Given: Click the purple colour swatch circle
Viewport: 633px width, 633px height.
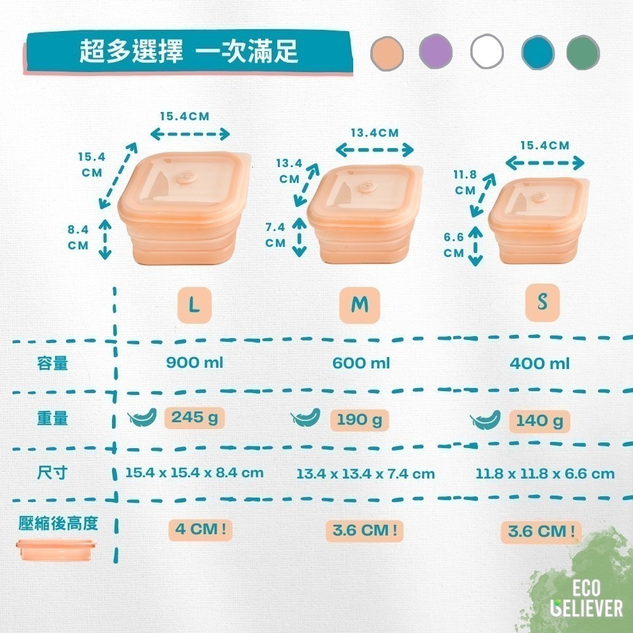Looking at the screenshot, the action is [436, 52].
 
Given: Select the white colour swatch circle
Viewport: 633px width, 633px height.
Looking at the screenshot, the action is [487, 51].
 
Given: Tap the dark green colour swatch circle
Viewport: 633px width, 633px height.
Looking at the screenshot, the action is [583, 53].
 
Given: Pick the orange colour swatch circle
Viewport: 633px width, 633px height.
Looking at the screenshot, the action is [387, 54].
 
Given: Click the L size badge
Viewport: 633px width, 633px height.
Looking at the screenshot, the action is [194, 305].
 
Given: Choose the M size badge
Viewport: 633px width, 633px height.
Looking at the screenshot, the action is [360, 305].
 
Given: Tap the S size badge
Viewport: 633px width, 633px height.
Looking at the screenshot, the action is [542, 303].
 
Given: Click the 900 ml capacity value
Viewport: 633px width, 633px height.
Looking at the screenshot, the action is [194, 363].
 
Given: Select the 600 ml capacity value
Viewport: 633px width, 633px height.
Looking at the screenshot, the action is [361, 363].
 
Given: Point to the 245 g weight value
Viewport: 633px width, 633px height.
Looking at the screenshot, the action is [194, 418].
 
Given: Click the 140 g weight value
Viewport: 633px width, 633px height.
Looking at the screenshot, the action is [539, 422].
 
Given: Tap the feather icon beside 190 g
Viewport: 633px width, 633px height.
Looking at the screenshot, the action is [306, 417].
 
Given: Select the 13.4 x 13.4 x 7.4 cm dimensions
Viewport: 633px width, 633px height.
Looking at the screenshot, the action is [365, 473].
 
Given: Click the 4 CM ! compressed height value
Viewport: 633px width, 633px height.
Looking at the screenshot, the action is [200, 530].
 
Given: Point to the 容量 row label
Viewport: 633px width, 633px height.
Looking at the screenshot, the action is [52, 363].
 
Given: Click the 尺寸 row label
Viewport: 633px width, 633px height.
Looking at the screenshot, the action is [52, 472].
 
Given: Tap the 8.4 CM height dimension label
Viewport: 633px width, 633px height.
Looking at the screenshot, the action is [78, 237].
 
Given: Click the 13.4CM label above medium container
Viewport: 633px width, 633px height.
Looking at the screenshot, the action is [375, 133].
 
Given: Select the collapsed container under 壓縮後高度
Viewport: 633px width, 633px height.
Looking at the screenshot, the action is [56, 550].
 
